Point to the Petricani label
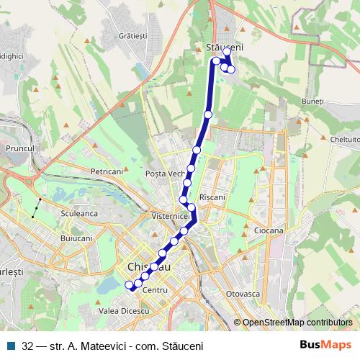pyautogui.click(x=107, y=172)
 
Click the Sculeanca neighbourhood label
pyautogui.click(x=80, y=213)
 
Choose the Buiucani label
pyautogui.click(x=77, y=237)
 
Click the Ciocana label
pyautogui.click(x=269, y=230)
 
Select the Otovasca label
pyautogui.click(x=243, y=294)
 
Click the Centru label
pyautogui.click(x=155, y=289)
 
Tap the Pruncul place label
pyautogui.click(x=19, y=148)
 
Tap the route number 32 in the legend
pyautogui.click(x=27, y=345)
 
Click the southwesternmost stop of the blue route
pyautogui.click(x=130, y=285)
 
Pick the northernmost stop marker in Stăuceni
pyautogui.click(x=226, y=52)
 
